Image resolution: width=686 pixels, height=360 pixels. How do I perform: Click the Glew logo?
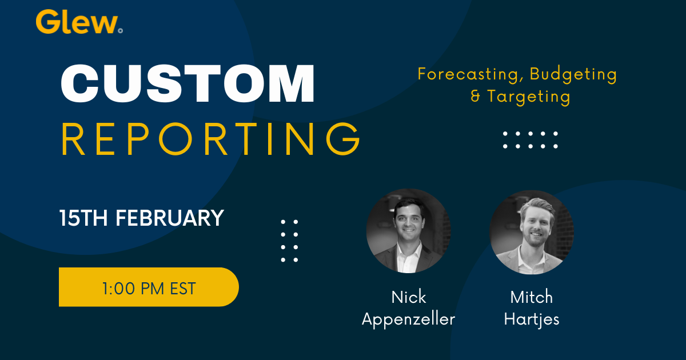[78, 22]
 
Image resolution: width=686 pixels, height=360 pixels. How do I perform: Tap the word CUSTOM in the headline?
[188, 85]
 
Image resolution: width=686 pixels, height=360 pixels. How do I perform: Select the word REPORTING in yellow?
[211, 139]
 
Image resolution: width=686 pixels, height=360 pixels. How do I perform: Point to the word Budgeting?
[573, 74]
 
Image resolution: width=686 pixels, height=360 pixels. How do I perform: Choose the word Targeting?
[529, 97]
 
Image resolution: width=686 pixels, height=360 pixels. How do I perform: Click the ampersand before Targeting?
[476, 96]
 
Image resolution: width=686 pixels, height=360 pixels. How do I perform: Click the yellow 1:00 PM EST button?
[149, 287]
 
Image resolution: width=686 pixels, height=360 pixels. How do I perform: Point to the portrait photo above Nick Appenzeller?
[408, 231]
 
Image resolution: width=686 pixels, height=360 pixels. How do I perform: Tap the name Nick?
[408, 297]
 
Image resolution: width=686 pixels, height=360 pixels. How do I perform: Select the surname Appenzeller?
[408, 319]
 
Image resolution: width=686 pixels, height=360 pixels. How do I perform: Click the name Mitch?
[531, 297]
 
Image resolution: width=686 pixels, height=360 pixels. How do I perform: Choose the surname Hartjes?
[531, 319]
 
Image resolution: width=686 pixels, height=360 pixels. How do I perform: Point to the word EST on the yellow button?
[183, 288]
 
